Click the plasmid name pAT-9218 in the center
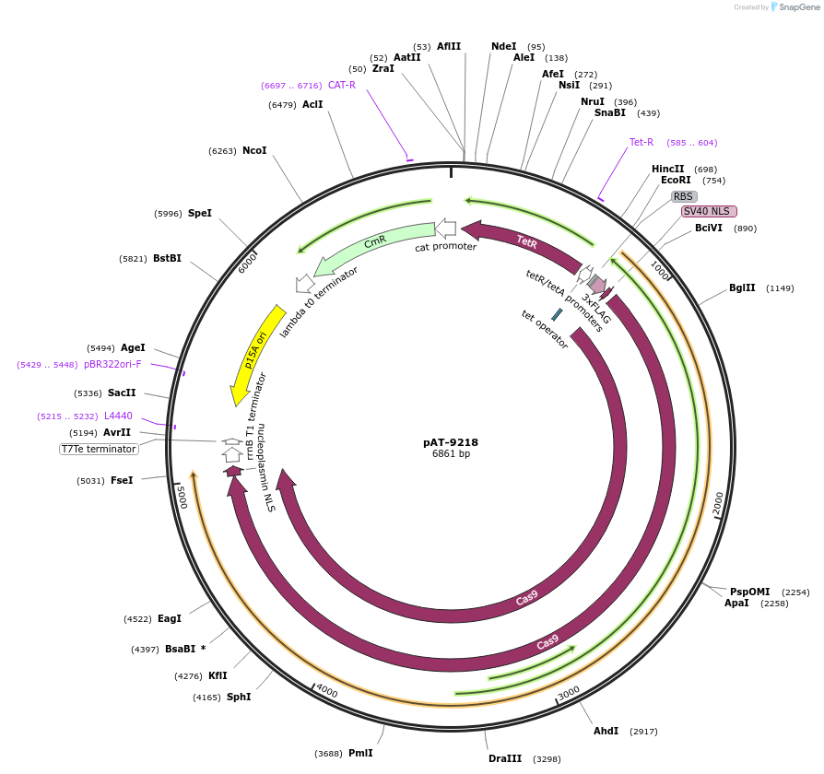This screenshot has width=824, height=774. [x=451, y=442]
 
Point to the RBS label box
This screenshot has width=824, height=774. [x=683, y=196]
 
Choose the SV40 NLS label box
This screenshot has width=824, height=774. [x=709, y=211]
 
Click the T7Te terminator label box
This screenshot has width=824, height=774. [x=99, y=449]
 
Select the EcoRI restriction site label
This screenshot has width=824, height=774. [x=676, y=181]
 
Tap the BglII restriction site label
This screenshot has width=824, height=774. [x=742, y=288]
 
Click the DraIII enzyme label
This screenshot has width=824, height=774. [x=505, y=758]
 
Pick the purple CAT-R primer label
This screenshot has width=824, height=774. [x=342, y=85]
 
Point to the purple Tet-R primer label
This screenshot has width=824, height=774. [x=642, y=142]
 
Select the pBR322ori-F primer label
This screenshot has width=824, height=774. [x=112, y=364]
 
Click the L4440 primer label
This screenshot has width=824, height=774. [x=118, y=416]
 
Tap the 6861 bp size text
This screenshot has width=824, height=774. [x=451, y=454]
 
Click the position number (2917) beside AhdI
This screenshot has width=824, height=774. [x=643, y=731]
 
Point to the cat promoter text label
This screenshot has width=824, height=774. [x=445, y=247]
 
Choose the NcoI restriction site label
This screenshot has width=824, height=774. [x=254, y=150]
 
